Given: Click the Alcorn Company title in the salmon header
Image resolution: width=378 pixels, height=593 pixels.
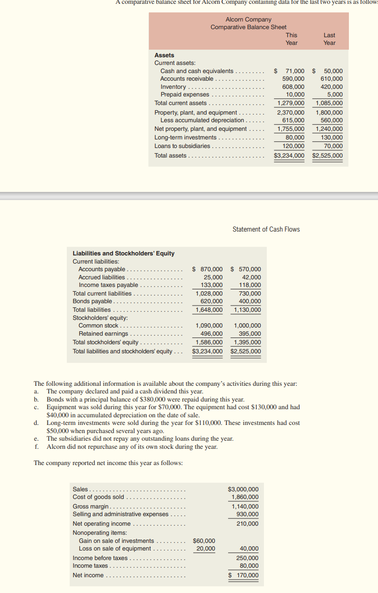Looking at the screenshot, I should click(x=248, y=20).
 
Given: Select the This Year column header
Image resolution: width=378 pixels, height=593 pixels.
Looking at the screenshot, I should click(x=291, y=39).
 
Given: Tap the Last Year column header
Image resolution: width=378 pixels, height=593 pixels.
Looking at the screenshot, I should click(x=329, y=39).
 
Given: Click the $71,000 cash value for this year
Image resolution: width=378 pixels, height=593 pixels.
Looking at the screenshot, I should click(x=292, y=71).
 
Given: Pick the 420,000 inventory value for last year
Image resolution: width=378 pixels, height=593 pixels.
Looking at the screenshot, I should click(x=331, y=86).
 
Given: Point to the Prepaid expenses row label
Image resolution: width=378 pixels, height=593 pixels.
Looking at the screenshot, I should click(x=184, y=94).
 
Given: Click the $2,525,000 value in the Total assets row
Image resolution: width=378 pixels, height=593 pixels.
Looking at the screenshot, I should click(x=327, y=156).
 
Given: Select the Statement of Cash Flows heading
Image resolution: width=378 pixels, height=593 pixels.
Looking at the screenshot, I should click(x=266, y=229).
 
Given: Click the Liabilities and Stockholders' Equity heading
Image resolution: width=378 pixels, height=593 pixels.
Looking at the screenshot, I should click(x=123, y=253).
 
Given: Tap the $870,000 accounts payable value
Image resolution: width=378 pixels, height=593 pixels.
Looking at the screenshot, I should click(x=208, y=269).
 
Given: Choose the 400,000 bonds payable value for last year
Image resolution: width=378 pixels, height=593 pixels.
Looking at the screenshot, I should click(x=250, y=301).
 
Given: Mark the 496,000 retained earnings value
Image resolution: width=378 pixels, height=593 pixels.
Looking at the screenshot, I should click(x=211, y=334).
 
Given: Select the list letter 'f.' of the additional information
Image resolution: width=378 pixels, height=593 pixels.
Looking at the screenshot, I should click(x=37, y=446).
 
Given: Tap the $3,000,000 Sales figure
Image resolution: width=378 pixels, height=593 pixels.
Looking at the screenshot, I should click(x=243, y=489).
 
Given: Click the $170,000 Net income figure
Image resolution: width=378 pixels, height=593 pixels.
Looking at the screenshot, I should click(x=244, y=575).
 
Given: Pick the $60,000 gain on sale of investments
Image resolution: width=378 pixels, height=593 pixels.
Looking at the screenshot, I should click(x=204, y=540).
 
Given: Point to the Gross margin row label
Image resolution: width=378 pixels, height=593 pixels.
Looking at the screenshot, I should click(x=91, y=506).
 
